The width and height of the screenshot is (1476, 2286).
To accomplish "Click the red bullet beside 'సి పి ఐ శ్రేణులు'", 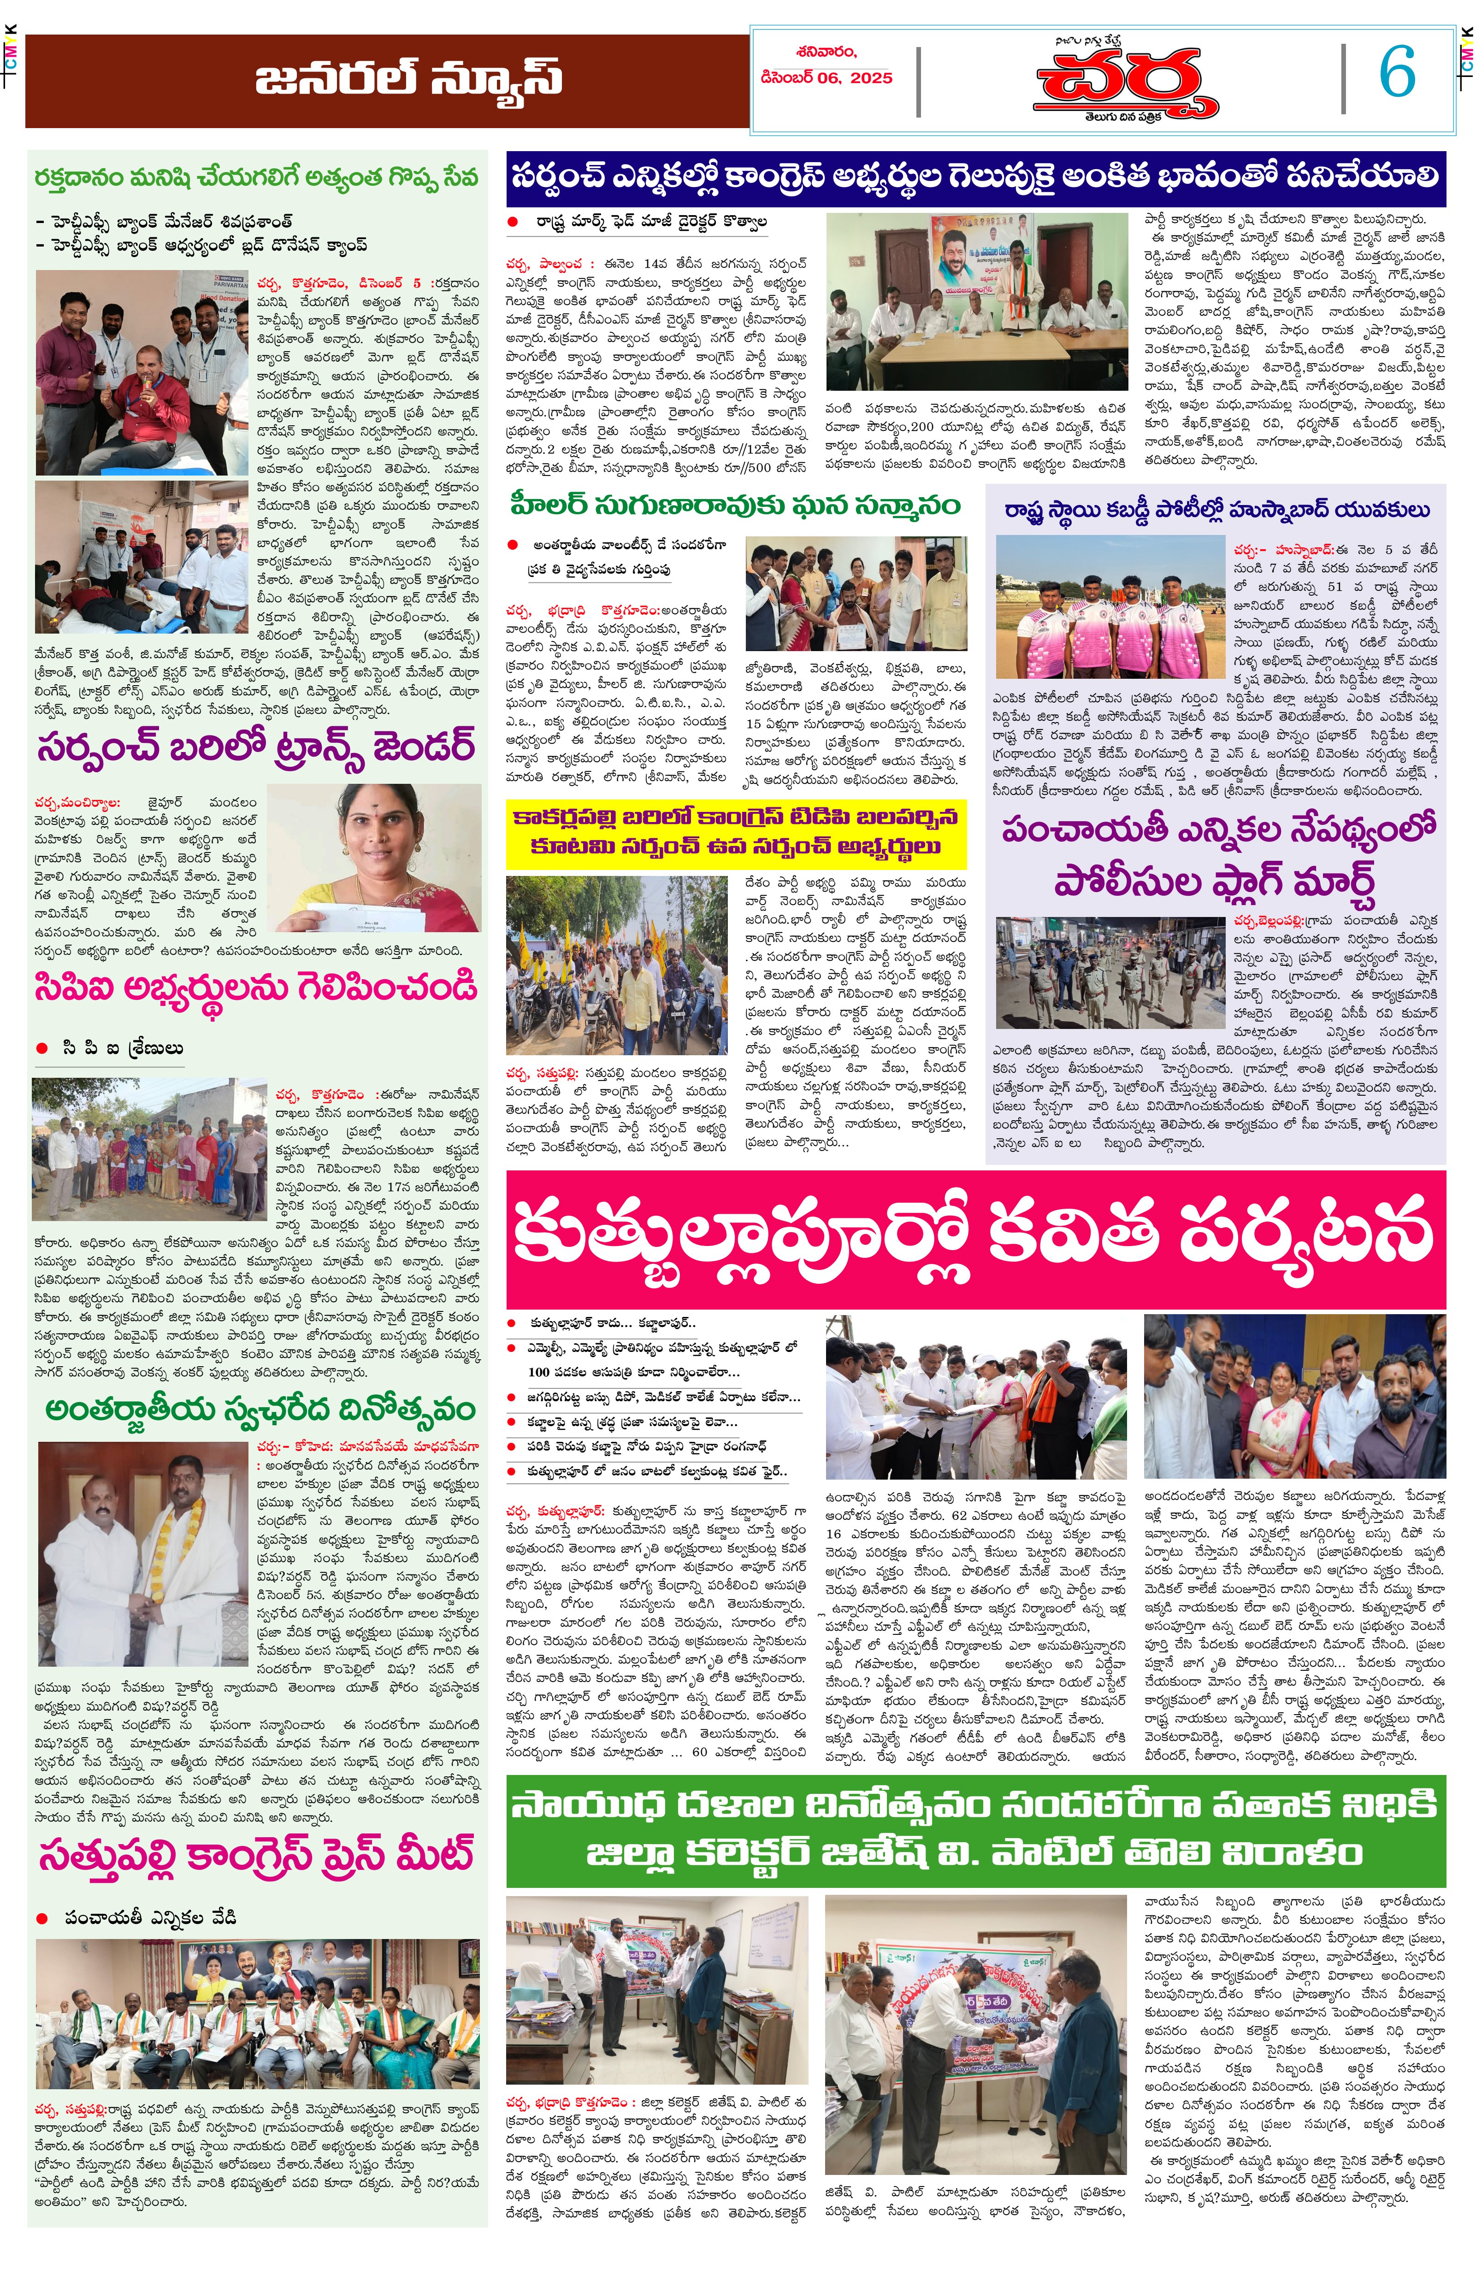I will [x=41, y=1048].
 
